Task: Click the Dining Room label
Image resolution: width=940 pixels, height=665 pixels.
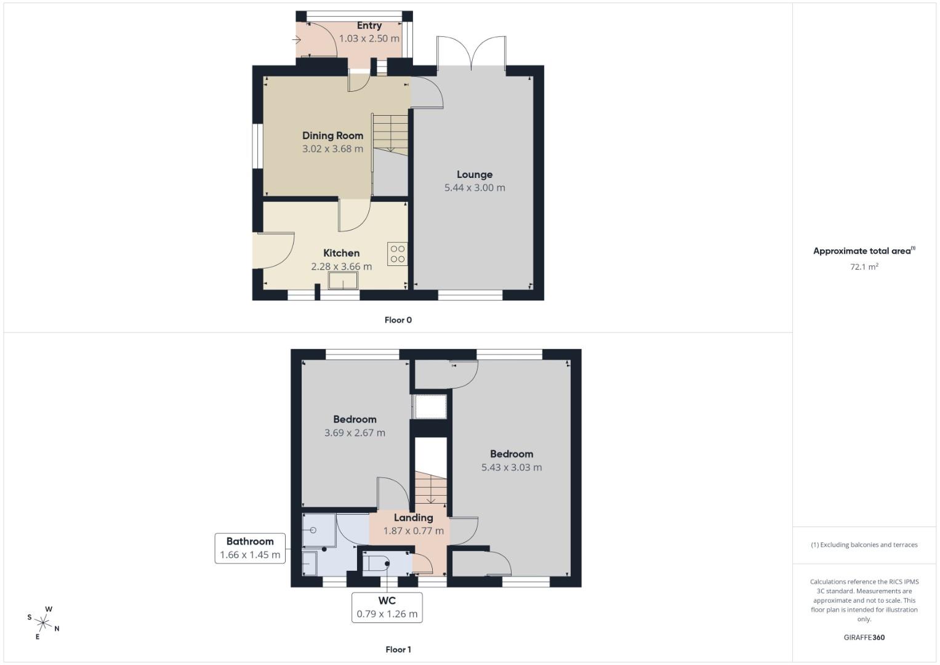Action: [332, 135]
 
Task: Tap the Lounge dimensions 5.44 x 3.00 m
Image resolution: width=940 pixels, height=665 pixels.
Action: [475, 188]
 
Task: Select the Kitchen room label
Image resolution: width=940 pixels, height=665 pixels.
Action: [341, 253]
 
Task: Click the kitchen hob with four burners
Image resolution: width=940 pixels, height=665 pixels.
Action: [397, 254]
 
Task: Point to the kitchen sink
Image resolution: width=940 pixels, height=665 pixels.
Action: [343, 281]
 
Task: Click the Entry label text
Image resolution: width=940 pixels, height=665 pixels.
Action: [369, 26]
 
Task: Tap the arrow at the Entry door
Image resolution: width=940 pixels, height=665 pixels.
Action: [296, 41]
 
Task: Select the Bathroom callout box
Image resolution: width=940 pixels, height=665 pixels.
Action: [250, 548]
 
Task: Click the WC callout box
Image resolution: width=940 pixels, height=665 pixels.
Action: [387, 607]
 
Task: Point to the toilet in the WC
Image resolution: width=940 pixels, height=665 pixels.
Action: [377, 563]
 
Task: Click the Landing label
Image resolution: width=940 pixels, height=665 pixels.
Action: [413, 518]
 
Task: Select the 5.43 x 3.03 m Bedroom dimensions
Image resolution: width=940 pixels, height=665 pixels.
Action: [512, 467]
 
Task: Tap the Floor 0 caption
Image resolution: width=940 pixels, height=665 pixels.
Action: [398, 320]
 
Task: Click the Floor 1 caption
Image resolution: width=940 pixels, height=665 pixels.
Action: [398, 650]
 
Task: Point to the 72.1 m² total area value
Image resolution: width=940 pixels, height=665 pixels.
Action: [864, 267]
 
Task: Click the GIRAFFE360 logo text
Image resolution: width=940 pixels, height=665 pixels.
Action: [864, 637]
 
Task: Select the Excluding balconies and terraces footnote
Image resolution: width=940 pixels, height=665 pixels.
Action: [864, 545]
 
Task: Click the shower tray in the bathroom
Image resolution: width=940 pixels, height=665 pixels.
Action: [318, 530]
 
